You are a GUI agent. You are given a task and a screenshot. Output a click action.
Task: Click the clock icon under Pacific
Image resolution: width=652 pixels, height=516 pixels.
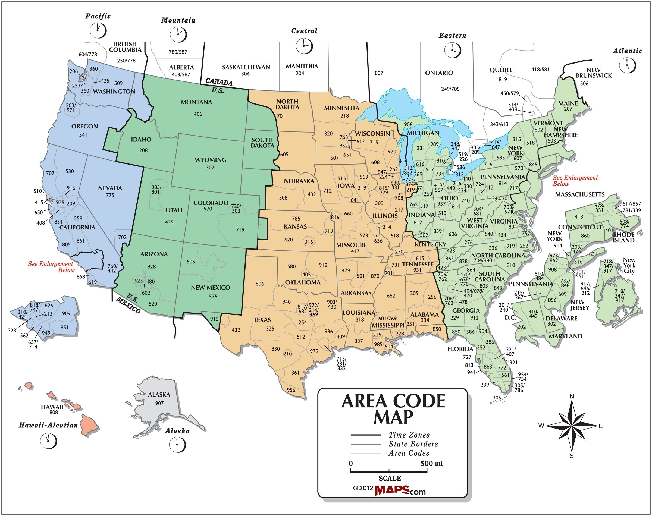98,30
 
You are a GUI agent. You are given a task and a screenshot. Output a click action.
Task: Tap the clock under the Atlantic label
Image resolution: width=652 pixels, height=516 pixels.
627,65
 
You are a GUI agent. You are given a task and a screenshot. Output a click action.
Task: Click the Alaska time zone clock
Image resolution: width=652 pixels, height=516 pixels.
177,444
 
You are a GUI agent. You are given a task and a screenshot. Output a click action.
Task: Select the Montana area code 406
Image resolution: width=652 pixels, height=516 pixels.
198,114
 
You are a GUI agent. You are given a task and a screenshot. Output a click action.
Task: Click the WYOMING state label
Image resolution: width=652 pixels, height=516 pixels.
210,159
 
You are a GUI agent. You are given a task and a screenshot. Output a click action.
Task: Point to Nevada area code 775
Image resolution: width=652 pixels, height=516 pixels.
110,195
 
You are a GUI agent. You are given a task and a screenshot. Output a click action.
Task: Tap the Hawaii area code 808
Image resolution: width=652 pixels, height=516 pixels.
54,412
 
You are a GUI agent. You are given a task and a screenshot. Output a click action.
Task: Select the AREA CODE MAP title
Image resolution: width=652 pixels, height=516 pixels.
393,409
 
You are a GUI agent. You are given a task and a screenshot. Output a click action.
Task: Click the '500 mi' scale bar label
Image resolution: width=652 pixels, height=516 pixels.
431,463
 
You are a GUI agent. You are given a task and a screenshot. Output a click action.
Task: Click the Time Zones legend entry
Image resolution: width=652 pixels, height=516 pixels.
409,435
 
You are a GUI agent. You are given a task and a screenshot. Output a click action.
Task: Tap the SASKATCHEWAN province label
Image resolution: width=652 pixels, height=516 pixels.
246,67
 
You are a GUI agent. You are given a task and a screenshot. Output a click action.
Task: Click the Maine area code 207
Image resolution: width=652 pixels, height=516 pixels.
568,109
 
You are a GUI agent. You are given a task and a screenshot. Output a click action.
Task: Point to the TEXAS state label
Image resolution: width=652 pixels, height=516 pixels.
262,320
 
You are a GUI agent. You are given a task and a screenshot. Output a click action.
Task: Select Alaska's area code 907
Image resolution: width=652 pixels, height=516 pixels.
159,403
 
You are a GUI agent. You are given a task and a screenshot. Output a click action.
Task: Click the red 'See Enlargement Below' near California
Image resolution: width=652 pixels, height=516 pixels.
51,267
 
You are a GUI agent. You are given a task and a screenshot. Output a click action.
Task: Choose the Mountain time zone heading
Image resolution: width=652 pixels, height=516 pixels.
178,20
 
